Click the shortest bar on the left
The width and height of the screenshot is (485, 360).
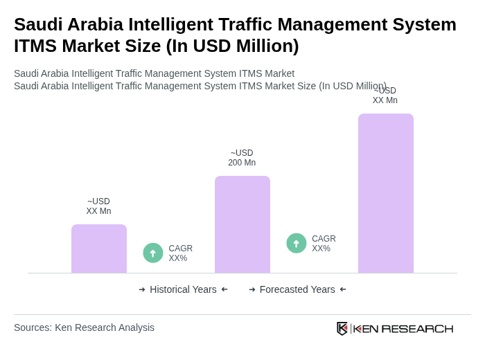pyautogui.click(x=99, y=249)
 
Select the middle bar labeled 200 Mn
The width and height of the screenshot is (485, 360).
pyautogui.click(x=242, y=224)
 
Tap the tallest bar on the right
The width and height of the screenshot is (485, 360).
pyautogui.click(x=385, y=193)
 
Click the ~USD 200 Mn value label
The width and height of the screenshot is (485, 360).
pyautogui.click(x=242, y=158)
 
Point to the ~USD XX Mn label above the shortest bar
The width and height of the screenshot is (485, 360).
pyautogui.click(x=98, y=206)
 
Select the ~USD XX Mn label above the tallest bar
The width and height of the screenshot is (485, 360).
pyautogui.click(x=385, y=96)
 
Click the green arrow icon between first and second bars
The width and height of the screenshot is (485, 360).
pyautogui.click(x=153, y=253)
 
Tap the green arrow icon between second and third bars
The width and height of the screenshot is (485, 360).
pyautogui.click(x=297, y=244)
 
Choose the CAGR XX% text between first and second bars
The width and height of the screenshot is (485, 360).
pyautogui.click(x=180, y=253)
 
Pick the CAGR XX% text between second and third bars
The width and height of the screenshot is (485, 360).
pyautogui.click(x=324, y=244)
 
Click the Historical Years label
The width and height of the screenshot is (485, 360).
pyautogui.click(x=183, y=289)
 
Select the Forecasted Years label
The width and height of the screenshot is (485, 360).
pyautogui.click(x=297, y=289)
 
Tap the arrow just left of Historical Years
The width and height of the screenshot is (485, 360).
pyautogui.click(x=142, y=289)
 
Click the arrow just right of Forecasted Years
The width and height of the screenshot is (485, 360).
pyautogui.click(x=343, y=289)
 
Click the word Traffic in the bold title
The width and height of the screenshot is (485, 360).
pyautogui.click(x=249, y=24)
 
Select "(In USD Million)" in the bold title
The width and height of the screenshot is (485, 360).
pyautogui.click(x=232, y=46)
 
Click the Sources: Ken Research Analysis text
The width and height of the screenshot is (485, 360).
pyautogui.click(x=84, y=327)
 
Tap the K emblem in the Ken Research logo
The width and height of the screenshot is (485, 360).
pyautogui.click(x=342, y=328)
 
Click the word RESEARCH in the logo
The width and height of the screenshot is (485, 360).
pyautogui.click(x=417, y=328)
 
